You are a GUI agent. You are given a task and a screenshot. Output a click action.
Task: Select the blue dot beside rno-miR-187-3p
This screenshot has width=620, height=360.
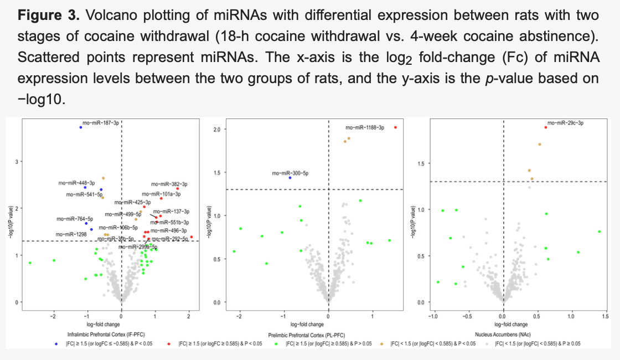81,127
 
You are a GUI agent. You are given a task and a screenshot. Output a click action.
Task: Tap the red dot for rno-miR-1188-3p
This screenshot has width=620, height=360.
395,127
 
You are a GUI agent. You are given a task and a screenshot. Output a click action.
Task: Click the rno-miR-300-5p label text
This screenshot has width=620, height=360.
290,173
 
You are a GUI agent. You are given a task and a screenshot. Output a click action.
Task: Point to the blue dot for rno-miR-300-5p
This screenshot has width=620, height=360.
290,178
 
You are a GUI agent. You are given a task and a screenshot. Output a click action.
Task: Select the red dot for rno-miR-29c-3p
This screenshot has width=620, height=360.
546,127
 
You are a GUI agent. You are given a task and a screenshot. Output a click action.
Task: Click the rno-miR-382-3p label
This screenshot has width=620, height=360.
169,184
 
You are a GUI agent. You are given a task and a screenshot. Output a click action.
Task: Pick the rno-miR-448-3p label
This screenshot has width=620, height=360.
76,182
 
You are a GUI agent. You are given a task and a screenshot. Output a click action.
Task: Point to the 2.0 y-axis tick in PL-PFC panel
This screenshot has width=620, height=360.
217,129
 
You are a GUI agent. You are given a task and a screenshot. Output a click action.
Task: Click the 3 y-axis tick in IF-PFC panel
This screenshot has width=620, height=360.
16,162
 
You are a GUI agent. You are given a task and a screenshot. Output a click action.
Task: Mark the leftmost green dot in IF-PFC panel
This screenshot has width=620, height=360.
30,263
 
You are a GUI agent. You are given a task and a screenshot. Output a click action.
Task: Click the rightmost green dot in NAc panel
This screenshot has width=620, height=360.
600,232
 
